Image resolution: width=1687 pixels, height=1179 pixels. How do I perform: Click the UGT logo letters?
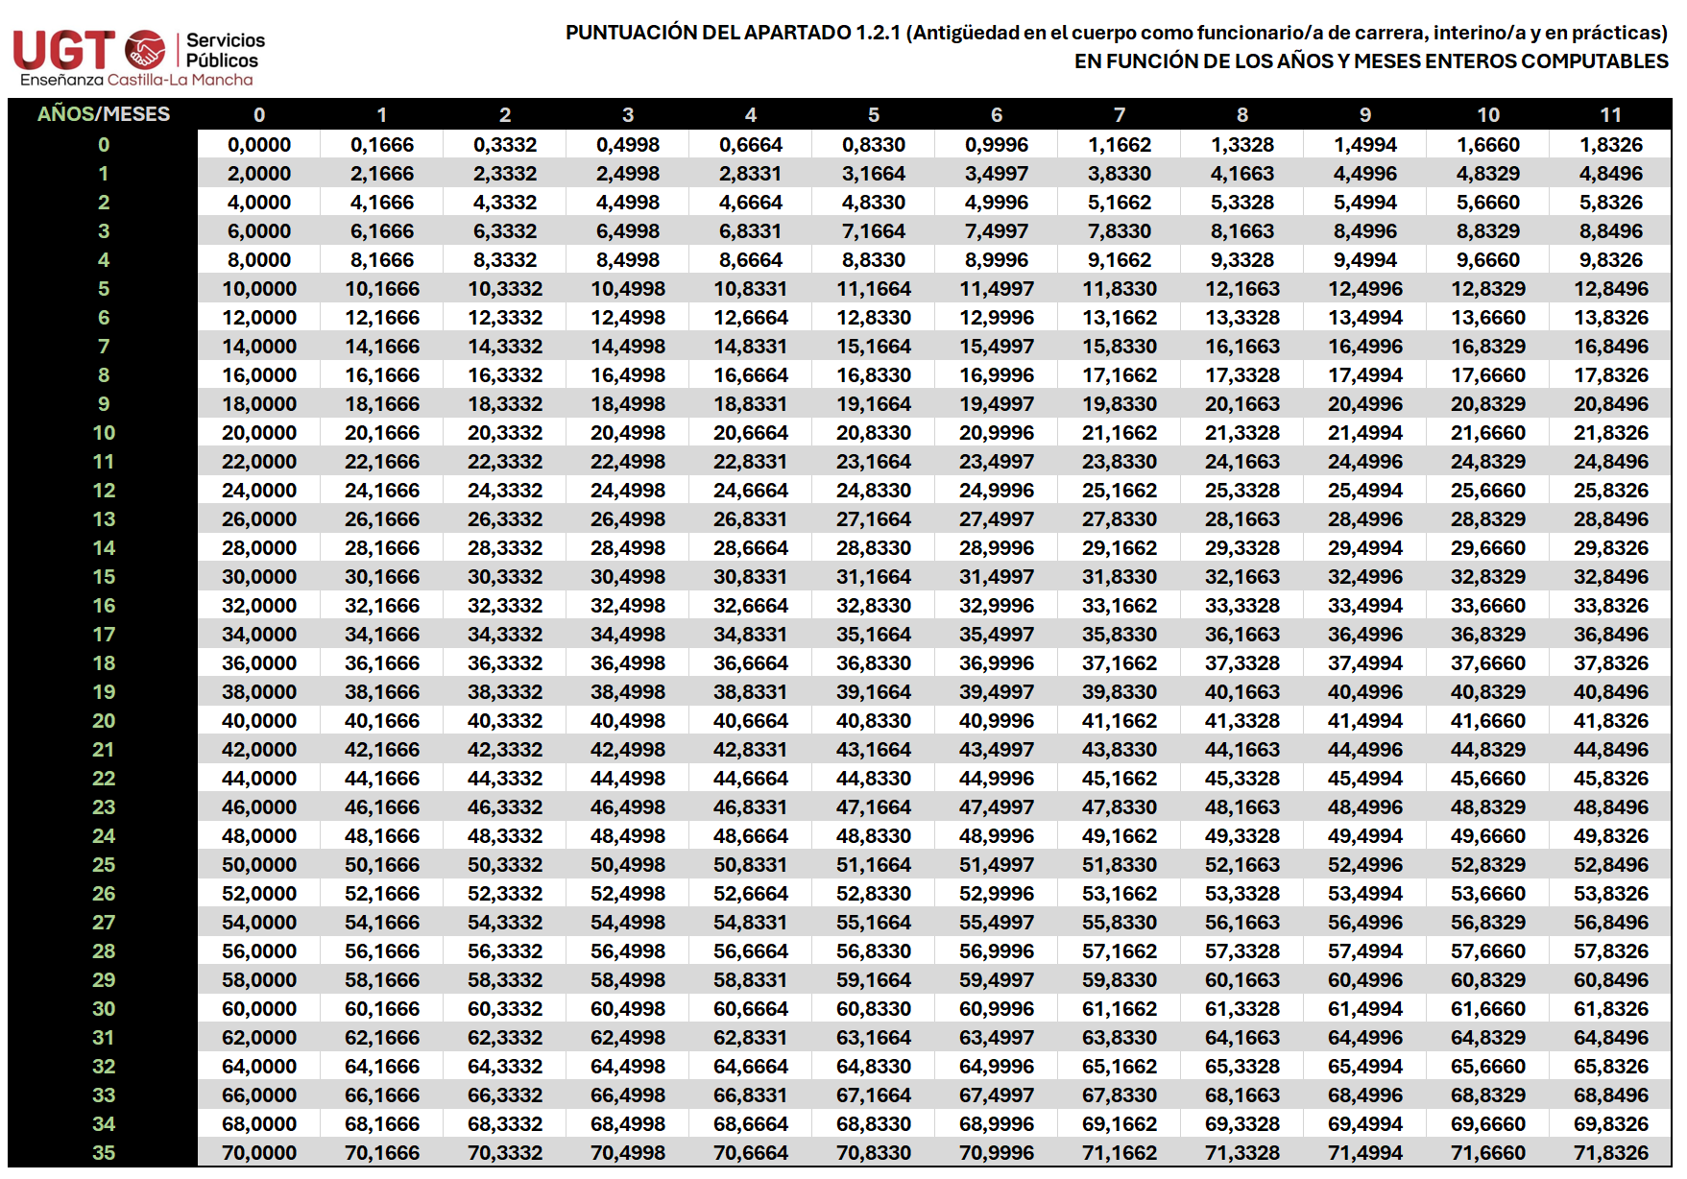63,50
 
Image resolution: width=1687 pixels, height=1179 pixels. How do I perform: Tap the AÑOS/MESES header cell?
104,114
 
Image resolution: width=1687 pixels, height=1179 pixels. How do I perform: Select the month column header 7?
1120,115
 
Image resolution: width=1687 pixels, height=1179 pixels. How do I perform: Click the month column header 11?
1610,115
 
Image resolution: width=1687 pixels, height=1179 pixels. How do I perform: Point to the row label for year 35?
104,1153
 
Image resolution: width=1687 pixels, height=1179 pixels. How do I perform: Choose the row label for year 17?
104,635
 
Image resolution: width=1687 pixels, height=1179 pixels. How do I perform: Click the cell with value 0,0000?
259,145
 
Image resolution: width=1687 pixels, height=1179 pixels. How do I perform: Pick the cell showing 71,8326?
1610,1153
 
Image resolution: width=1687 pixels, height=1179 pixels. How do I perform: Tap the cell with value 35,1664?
874,635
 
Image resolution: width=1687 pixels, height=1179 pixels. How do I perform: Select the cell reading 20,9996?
997,433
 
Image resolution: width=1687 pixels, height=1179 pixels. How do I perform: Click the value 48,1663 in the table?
1242,807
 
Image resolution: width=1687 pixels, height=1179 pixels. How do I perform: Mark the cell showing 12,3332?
505,318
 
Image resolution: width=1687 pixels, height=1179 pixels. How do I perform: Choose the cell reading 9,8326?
1610,260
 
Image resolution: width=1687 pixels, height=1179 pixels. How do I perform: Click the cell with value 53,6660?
1487,894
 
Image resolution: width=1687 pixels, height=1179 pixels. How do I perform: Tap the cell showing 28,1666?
382,548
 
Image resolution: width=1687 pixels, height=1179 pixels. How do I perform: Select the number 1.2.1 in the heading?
878,33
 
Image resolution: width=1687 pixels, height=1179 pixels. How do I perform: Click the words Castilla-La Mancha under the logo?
181,80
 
